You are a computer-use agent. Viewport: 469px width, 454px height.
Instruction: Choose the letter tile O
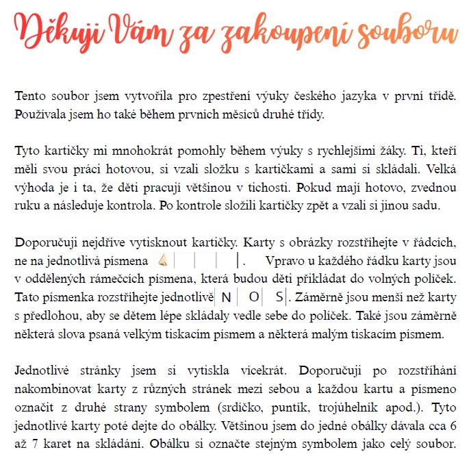253,298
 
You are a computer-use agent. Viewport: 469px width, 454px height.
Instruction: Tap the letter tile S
279,298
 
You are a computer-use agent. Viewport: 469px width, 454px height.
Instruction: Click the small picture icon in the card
162,261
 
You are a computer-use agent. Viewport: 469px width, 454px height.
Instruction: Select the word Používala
40,113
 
